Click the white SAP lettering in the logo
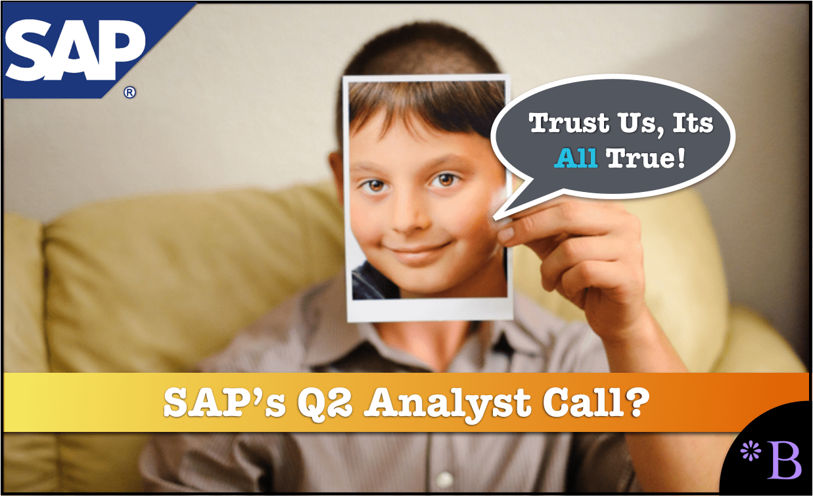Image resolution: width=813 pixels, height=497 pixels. [x=74, y=50]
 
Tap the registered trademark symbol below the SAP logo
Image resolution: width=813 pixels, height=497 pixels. [x=129, y=93]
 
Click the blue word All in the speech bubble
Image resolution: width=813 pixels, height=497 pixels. [x=576, y=158]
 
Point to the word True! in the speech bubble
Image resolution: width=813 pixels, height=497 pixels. [x=645, y=158]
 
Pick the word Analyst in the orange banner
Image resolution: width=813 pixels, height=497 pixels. [x=448, y=403]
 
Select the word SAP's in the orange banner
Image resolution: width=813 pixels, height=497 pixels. [x=225, y=402]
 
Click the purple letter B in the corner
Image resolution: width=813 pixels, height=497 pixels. [x=784, y=460]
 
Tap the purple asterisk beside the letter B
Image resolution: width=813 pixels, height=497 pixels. [x=750, y=451]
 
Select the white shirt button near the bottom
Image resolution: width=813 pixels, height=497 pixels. [x=444, y=479]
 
